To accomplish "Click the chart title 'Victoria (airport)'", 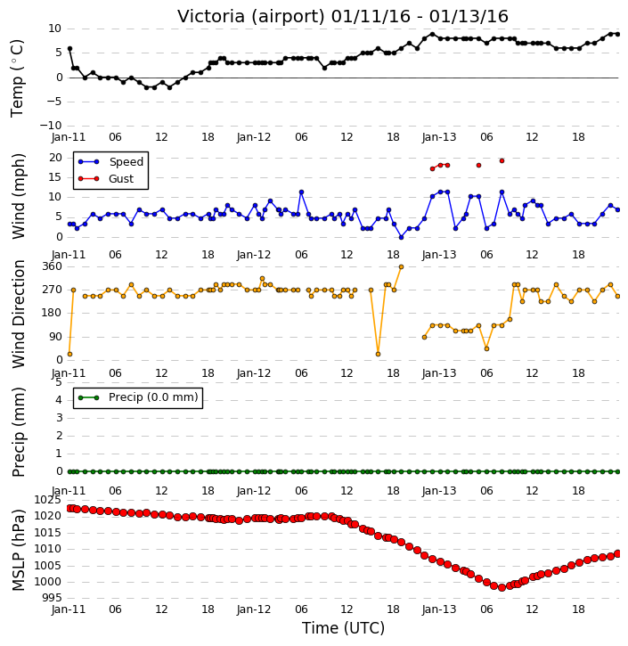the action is point(251,17).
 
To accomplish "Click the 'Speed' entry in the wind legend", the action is point(126,161).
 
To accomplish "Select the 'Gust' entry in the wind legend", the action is point(121,178).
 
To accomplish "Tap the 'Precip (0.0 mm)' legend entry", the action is point(153,397).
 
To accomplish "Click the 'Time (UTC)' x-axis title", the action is point(343,628).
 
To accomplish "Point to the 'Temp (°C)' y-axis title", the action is point(17,78).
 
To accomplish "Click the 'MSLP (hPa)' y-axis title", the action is point(19,550).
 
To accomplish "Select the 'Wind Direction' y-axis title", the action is point(19,314).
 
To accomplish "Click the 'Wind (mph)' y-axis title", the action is point(19,196).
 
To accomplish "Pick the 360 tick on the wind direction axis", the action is point(53,266).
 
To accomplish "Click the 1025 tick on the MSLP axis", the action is point(48,500).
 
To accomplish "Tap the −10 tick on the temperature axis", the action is point(51,126).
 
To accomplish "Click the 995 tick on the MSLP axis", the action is point(53,598).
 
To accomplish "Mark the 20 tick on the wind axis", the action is point(55,158).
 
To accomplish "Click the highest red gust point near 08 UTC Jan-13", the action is point(502,160).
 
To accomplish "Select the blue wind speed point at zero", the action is point(401,237).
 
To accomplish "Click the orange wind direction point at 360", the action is point(401,267).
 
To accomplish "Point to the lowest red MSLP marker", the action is point(502,587).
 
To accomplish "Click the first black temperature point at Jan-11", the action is point(69,49).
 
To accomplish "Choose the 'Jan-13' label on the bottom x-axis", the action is point(439,609).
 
